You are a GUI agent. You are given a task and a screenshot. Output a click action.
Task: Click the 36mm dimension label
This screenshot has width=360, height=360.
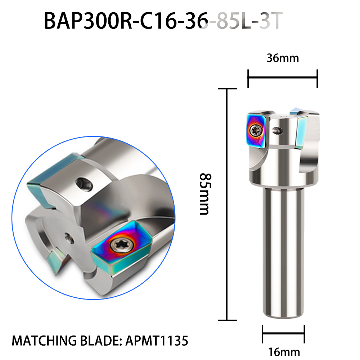(283, 58)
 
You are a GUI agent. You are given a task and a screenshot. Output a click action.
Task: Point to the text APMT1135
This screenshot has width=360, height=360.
(157, 341)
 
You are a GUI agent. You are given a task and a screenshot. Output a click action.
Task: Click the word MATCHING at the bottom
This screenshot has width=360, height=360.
(44, 341)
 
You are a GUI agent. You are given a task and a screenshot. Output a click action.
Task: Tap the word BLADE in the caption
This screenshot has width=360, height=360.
(100, 341)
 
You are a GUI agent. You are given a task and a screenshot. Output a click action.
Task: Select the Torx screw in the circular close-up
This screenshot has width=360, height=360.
(122, 246)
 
